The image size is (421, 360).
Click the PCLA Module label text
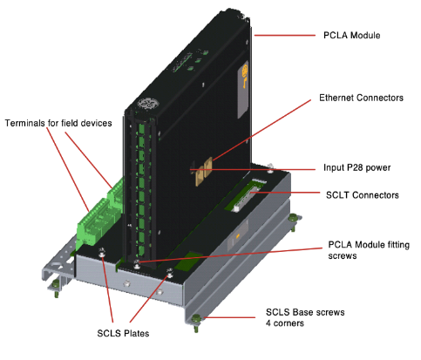[x=352, y=36]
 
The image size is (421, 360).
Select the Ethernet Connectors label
[x=361, y=98]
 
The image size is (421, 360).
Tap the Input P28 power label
[x=357, y=167]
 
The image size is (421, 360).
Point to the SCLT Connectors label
[x=363, y=195]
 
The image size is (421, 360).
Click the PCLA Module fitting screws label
[x=369, y=250]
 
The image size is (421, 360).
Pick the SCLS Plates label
[x=123, y=333]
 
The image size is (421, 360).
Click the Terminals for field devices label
[x=58, y=123]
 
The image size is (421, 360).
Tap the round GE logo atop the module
[x=148, y=104]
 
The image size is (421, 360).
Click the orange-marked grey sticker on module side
[x=243, y=89]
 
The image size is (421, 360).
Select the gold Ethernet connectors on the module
[x=204, y=171]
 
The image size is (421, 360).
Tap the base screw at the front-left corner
[x=56, y=288]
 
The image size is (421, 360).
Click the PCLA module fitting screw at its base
[x=137, y=264]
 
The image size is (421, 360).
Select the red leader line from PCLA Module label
[x=285, y=36]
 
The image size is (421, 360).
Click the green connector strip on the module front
[x=141, y=189]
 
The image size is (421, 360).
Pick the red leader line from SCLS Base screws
[x=229, y=317]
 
